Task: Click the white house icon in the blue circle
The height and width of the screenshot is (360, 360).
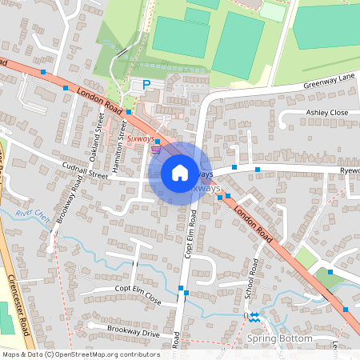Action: tap(180, 172)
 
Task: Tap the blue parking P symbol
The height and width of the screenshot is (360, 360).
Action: tap(146, 84)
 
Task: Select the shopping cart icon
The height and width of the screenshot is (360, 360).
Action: tap(157, 148)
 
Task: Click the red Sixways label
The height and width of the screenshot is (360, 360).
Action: tap(141, 138)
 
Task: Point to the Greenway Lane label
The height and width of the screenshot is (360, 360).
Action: tap(329, 82)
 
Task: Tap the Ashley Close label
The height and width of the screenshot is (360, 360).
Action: tap(327, 113)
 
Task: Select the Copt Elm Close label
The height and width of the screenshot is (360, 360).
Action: tap(138, 294)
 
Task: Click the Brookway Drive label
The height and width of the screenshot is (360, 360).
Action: tap(122, 330)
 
